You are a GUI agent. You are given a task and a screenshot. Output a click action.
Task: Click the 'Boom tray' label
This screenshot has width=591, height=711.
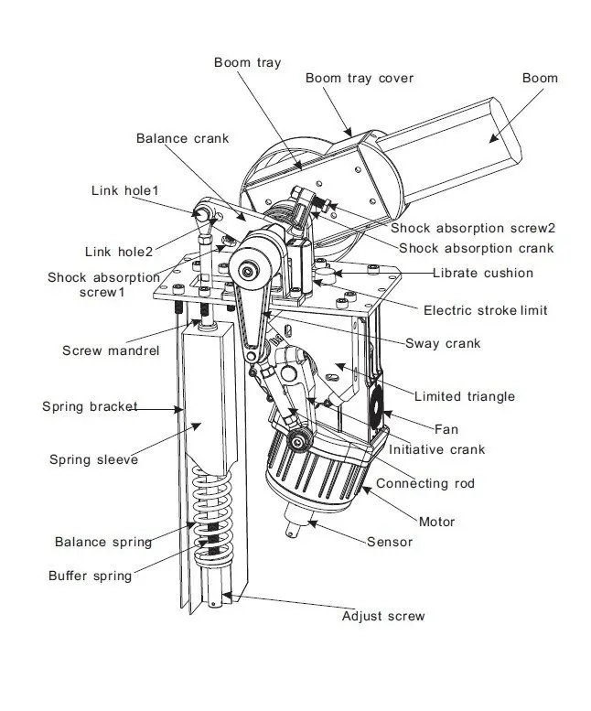pos(247,62)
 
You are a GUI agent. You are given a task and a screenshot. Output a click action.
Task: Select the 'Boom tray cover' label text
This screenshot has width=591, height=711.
pos(360,78)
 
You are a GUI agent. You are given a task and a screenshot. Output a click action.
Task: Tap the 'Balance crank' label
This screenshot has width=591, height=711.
pos(182,138)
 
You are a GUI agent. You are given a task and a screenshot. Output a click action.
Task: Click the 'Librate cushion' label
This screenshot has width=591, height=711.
pos(483,273)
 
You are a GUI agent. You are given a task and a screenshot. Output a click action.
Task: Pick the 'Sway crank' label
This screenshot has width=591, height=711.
pos(444,344)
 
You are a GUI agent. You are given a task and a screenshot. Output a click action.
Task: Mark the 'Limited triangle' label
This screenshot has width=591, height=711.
pos(464,396)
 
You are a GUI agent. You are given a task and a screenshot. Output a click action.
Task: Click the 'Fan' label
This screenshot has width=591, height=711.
pos(446,428)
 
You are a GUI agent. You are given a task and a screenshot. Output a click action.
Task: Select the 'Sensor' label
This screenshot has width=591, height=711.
pos(390,542)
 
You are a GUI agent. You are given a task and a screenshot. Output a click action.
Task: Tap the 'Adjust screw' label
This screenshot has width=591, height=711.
pos(382,616)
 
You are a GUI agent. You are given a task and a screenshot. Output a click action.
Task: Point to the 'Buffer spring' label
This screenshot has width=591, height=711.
pos(90,576)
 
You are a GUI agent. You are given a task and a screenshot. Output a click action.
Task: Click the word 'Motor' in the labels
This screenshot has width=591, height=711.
pos(436,522)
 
